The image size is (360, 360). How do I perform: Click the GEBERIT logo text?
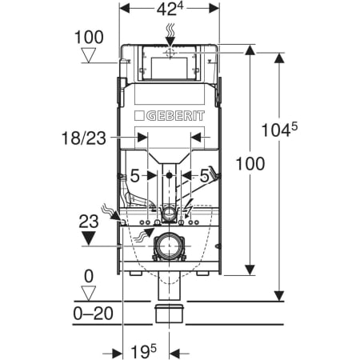tap(175, 116)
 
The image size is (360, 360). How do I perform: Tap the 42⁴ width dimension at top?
tap(170, 10)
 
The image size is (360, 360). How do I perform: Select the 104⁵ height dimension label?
tap(279, 130)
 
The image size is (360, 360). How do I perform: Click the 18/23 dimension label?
tap(84, 138)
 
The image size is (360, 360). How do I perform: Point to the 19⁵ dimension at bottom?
tap(144, 351)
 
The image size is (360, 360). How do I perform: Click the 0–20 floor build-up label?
tap(93, 314)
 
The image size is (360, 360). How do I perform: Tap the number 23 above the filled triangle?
tap(89, 222)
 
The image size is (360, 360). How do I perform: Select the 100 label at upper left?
tap(89, 38)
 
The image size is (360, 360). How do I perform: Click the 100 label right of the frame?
tap(250, 163)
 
